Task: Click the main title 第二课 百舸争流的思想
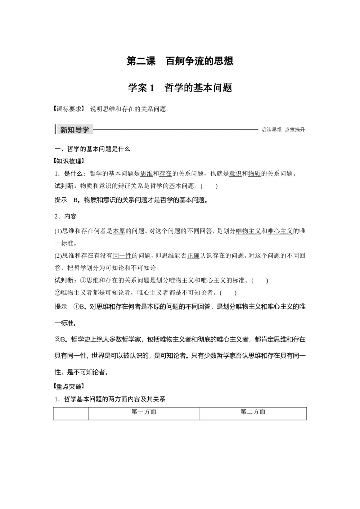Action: [x=180, y=61]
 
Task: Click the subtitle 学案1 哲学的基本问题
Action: [x=180, y=87]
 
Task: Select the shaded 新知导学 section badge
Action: [x=75, y=130]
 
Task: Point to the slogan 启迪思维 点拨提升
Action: [x=283, y=130]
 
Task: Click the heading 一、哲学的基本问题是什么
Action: [x=92, y=149]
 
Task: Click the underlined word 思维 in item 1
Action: [x=147, y=174]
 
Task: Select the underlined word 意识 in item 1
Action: [x=235, y=174]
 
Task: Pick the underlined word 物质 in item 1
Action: [x=255, y=174]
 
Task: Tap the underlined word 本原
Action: [x=119, y=231]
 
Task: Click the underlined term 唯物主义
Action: [x=248, y=231]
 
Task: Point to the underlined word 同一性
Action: [x=122, y=256]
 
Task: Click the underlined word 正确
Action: [x=193, y=256]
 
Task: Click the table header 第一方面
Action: [x=144, y=412]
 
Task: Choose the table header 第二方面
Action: [x=253, y=412]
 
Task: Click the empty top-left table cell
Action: [x=71, y=414]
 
